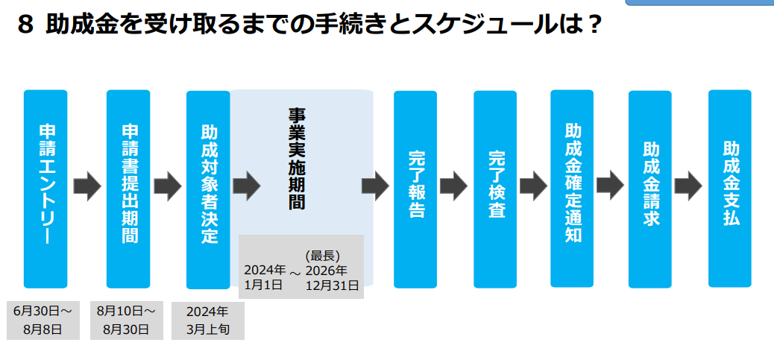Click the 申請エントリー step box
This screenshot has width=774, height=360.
[45, 189]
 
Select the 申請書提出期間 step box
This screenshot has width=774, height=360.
[128, 189]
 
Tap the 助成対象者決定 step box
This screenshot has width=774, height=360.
[208, 190]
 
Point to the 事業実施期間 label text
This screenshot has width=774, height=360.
[298, 159]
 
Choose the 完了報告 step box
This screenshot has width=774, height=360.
[415, 189]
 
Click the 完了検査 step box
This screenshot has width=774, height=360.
[495, 189]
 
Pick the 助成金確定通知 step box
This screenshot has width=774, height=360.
[572, 189]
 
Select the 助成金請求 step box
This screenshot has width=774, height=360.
[650, 189]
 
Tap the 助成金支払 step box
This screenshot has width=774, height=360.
[730, 189]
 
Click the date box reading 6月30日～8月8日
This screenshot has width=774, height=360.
[43, 320]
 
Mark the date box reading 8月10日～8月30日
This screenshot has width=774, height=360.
[126, 320]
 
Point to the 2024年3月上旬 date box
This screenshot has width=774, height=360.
[208, 320]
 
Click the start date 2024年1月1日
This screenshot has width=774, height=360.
[265, 277]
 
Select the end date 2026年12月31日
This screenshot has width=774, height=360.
[332, 277]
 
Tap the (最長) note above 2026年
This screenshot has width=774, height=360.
[323, 256]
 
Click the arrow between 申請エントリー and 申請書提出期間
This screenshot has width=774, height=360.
[87, 186]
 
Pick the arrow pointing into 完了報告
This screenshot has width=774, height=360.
[376, 186]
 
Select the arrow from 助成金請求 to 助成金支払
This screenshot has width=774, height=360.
[688, 186]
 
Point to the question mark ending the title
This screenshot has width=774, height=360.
[593, 25]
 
